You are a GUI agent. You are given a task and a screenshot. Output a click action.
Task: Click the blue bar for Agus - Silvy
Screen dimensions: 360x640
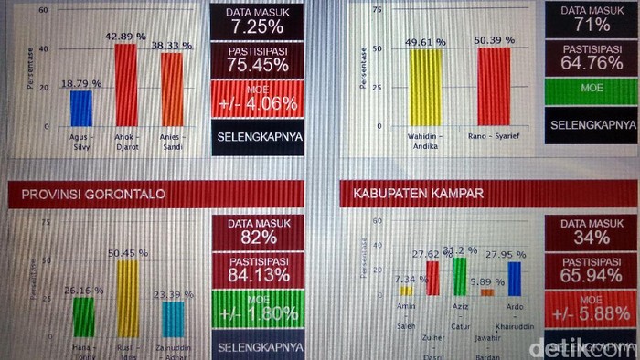click(81, 108)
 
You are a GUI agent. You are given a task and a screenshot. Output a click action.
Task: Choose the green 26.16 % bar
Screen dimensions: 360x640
click(83, 316)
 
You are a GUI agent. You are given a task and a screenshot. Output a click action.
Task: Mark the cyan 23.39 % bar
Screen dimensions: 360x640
click(172, 319)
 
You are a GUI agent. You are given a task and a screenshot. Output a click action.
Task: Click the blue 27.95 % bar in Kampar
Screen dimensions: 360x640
click(515, 279)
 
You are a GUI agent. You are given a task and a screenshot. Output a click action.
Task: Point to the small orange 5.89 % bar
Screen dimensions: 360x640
click(486, 292)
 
